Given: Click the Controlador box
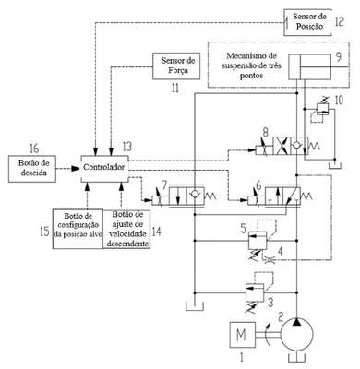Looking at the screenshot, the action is click(x=104, y=168).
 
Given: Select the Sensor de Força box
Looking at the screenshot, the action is click(x=176, y=66).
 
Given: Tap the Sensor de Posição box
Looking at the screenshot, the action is click(x=308, y=22).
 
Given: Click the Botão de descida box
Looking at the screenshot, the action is click(x=32, y=169).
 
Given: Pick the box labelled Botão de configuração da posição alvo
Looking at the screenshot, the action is click(x=78, y=229).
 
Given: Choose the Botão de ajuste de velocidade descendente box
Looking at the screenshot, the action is click(x=126, y=229).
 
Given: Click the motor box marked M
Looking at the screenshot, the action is click(x=243, y=335).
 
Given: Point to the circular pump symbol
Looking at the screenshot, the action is click(x=297, y=334).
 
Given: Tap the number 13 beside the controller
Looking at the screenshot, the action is click(x=126, y=147).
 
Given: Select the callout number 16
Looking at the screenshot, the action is click(x=34, y=149).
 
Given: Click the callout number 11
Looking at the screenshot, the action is click(x=175, y=89).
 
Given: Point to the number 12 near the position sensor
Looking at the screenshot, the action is click(x=339, y=21).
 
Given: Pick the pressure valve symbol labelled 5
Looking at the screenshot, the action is click(x=258, y=240).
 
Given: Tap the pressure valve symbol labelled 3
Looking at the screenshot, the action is click(x=255, y=292).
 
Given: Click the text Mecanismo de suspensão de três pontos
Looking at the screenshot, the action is click(x=252, y=65).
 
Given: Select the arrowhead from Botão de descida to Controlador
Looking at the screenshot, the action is click(x=75, y=169).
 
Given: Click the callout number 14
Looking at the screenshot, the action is click(x=156, y=232).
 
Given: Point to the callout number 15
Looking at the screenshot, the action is click(x=45, y=232).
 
